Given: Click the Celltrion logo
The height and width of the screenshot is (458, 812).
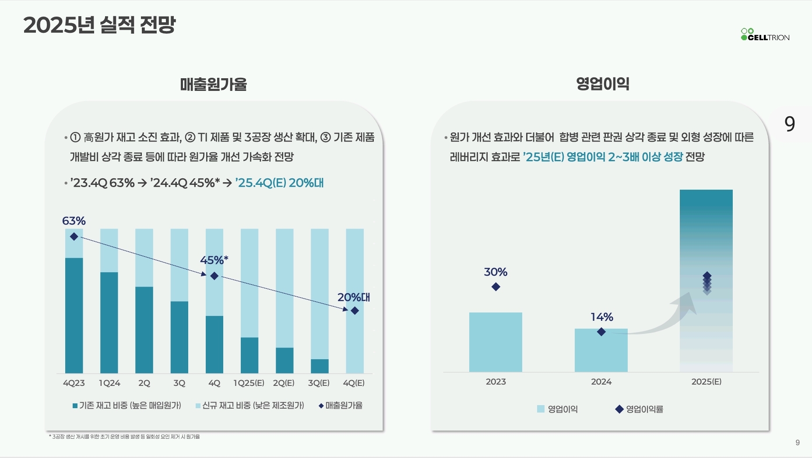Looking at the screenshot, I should tap(765, 35).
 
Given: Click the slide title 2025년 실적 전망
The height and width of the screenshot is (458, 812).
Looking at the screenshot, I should tap(99, 25).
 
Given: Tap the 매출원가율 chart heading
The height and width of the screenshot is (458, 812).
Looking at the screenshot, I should tap(214, 84).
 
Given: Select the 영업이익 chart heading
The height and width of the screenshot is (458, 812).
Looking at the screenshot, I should tap(603, 83).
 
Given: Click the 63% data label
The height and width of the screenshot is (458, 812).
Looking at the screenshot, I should tap(74, 221).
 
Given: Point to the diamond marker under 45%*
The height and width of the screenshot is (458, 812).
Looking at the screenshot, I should tap(214, 276).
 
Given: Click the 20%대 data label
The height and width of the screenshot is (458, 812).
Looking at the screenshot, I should tap(354, 298).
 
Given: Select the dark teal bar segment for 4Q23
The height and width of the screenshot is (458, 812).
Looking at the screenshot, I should tap(74, 315).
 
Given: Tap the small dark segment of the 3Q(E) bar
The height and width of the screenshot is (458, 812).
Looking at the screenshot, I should tap(320, 366).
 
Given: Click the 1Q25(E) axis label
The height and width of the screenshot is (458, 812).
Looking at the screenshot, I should tap(249, 383).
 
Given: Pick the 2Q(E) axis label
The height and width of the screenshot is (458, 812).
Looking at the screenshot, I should tap(284, 383).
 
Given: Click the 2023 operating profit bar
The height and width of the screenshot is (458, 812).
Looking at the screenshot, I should tap(496, 342).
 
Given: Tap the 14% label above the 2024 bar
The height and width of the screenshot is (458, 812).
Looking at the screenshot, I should tap(601, 317).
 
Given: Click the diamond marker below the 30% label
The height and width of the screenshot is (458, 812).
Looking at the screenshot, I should tap(496, 287).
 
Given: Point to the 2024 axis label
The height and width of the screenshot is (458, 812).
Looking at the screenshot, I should tap(601, 382).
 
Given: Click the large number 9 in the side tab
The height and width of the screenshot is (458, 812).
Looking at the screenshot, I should tap(790, 124).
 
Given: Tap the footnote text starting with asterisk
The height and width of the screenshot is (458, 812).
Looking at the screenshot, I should tap(124, 437).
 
